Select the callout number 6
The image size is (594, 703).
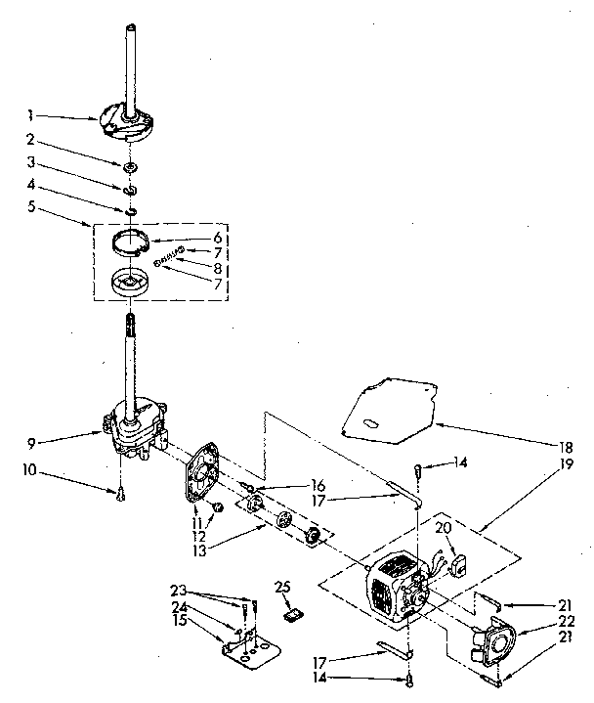point(219,238)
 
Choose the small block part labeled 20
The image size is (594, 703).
point(454,565)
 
